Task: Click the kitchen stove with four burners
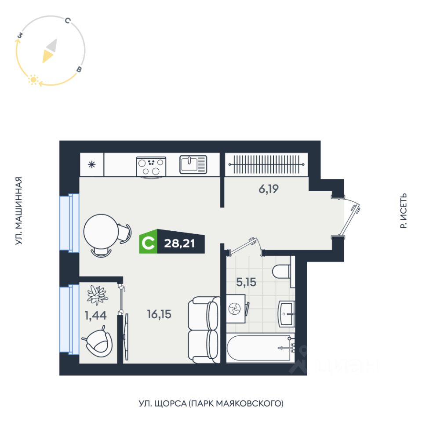coord(152,167)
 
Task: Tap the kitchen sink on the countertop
coord(193,164)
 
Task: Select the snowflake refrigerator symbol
coord(92,165)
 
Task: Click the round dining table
coord(101,230)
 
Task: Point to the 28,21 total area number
coord(179,243)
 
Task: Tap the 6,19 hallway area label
coord(269,189)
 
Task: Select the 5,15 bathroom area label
coord(246,282)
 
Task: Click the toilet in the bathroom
coord(282,271)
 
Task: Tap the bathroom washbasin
coord(288,314)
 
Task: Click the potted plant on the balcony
coord(98,295)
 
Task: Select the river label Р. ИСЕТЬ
coord(404,211)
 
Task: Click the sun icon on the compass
coord(32,80)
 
